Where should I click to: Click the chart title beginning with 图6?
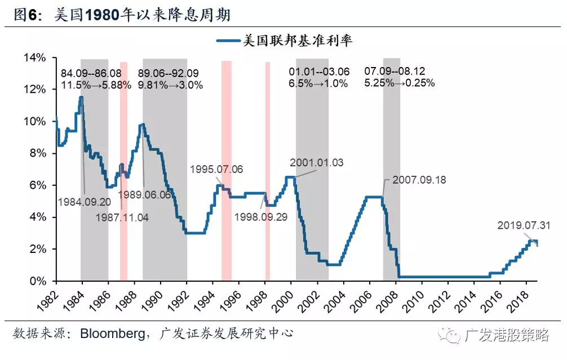coord(122,15)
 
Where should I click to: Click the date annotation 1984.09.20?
coord(85,201)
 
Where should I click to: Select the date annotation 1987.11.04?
coord(121,217)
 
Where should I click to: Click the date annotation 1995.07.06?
coord(216,169)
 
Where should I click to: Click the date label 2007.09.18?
coord(419,180)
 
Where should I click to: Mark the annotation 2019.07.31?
coord(523,225)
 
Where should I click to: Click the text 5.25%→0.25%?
coord(400,83)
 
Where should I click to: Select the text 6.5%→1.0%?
coord(320,83)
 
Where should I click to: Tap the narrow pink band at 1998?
coord(268,169)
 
